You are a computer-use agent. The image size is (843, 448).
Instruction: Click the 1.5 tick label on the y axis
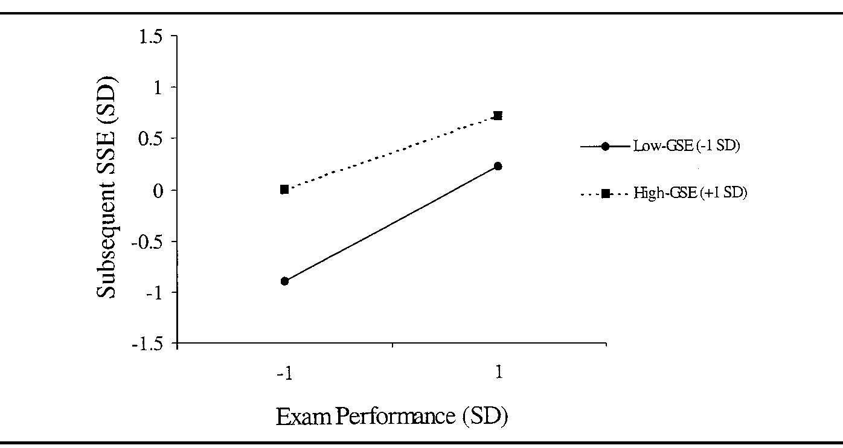[150, 36]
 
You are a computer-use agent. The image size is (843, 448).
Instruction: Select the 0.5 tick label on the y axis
[150, 139]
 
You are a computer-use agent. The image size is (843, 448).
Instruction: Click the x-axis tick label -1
[284, 373]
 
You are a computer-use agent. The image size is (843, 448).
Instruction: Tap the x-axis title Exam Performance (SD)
[392, 417]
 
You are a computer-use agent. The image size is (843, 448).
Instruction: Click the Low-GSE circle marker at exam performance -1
[285, 281]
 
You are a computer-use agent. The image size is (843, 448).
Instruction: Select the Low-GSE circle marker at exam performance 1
[498, 166]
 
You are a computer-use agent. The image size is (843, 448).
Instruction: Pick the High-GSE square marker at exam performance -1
[284, 190]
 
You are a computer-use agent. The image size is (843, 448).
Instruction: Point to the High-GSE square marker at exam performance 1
[498, 115]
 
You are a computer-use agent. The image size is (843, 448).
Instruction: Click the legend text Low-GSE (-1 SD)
[686, 146]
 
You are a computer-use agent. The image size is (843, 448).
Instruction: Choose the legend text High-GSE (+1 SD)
[690, 194]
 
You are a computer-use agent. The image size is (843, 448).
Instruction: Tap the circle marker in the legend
[605, 146]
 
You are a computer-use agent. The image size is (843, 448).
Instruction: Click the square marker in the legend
[605, 194]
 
